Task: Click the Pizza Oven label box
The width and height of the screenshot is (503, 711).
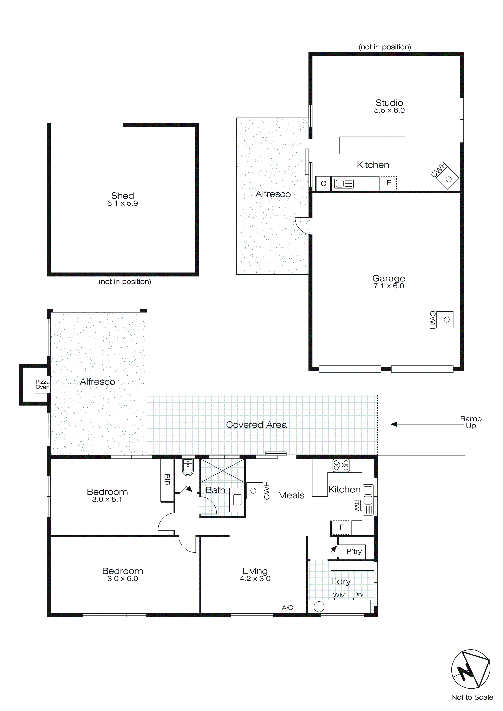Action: tap(42, 384)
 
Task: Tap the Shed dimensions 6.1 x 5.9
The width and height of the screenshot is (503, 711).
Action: tap(122, 204)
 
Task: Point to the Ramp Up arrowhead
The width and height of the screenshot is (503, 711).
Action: tap(394, 424)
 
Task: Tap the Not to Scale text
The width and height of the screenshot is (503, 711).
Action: tap(472, 697)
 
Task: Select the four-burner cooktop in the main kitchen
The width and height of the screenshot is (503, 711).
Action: tap(341, 465)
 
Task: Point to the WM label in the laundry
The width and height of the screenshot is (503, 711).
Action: tap(339, 595)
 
